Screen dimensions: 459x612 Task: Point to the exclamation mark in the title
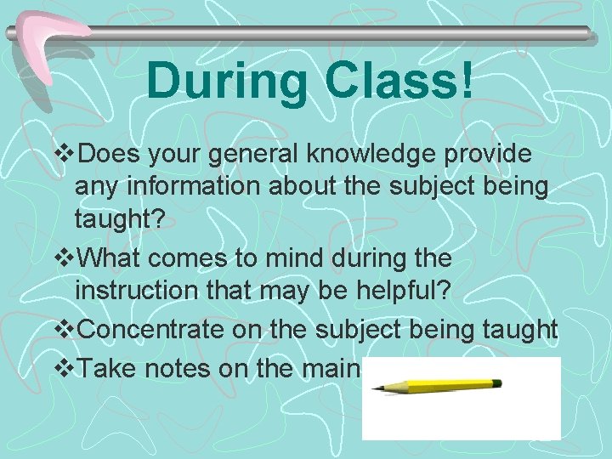click(x=466, y=82)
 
